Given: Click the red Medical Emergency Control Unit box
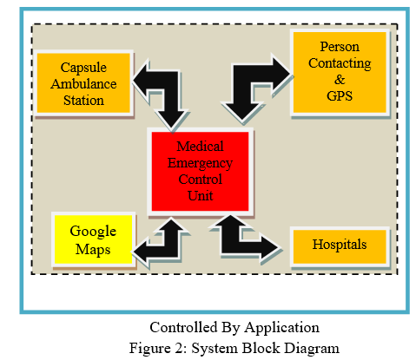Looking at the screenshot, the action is tap(200, 172).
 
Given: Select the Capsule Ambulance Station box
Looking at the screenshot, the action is tap(83, 83).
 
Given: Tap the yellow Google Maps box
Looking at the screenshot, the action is tap(94, 239).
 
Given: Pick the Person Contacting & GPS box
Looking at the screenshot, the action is tap(340, 72).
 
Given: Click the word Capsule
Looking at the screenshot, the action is tap(83, 68).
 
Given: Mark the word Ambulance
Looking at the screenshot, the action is tap(83, 84).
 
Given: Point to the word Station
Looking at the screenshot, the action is tap(83, 101).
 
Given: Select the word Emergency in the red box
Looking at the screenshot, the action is tap(200, 163).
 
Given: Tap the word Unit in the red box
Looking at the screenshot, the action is tap(200, 196).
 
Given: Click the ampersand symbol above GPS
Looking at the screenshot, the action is tap(340, 80).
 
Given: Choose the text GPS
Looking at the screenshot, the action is tap(340, 96).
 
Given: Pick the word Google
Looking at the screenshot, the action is tap(93, 232).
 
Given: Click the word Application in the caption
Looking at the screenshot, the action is tap(281, 328).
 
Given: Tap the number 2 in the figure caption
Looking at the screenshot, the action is tap(179, 348).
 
